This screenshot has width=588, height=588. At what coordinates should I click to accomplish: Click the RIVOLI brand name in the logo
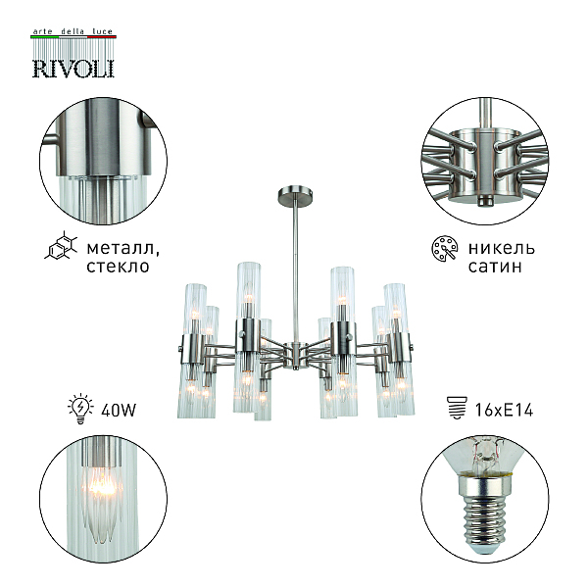tap(73, 69)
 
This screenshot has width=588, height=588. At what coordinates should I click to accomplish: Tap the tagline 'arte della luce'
tap(73, 31)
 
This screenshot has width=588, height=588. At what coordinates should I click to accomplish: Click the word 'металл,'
tap(122, 248)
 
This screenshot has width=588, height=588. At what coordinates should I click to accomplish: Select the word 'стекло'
tap(118, 266)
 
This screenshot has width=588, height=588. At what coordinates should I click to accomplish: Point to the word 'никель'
tap(501, 248)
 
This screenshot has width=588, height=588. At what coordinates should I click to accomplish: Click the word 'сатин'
tap(495, 266)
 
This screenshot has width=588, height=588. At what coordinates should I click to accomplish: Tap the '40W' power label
tap(119, 410)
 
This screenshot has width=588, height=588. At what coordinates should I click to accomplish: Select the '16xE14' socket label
tap(504, 410)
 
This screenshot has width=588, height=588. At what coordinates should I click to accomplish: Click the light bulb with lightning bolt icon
tap(80, 409)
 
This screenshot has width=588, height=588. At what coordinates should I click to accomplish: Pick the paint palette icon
tap(445, 248)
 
